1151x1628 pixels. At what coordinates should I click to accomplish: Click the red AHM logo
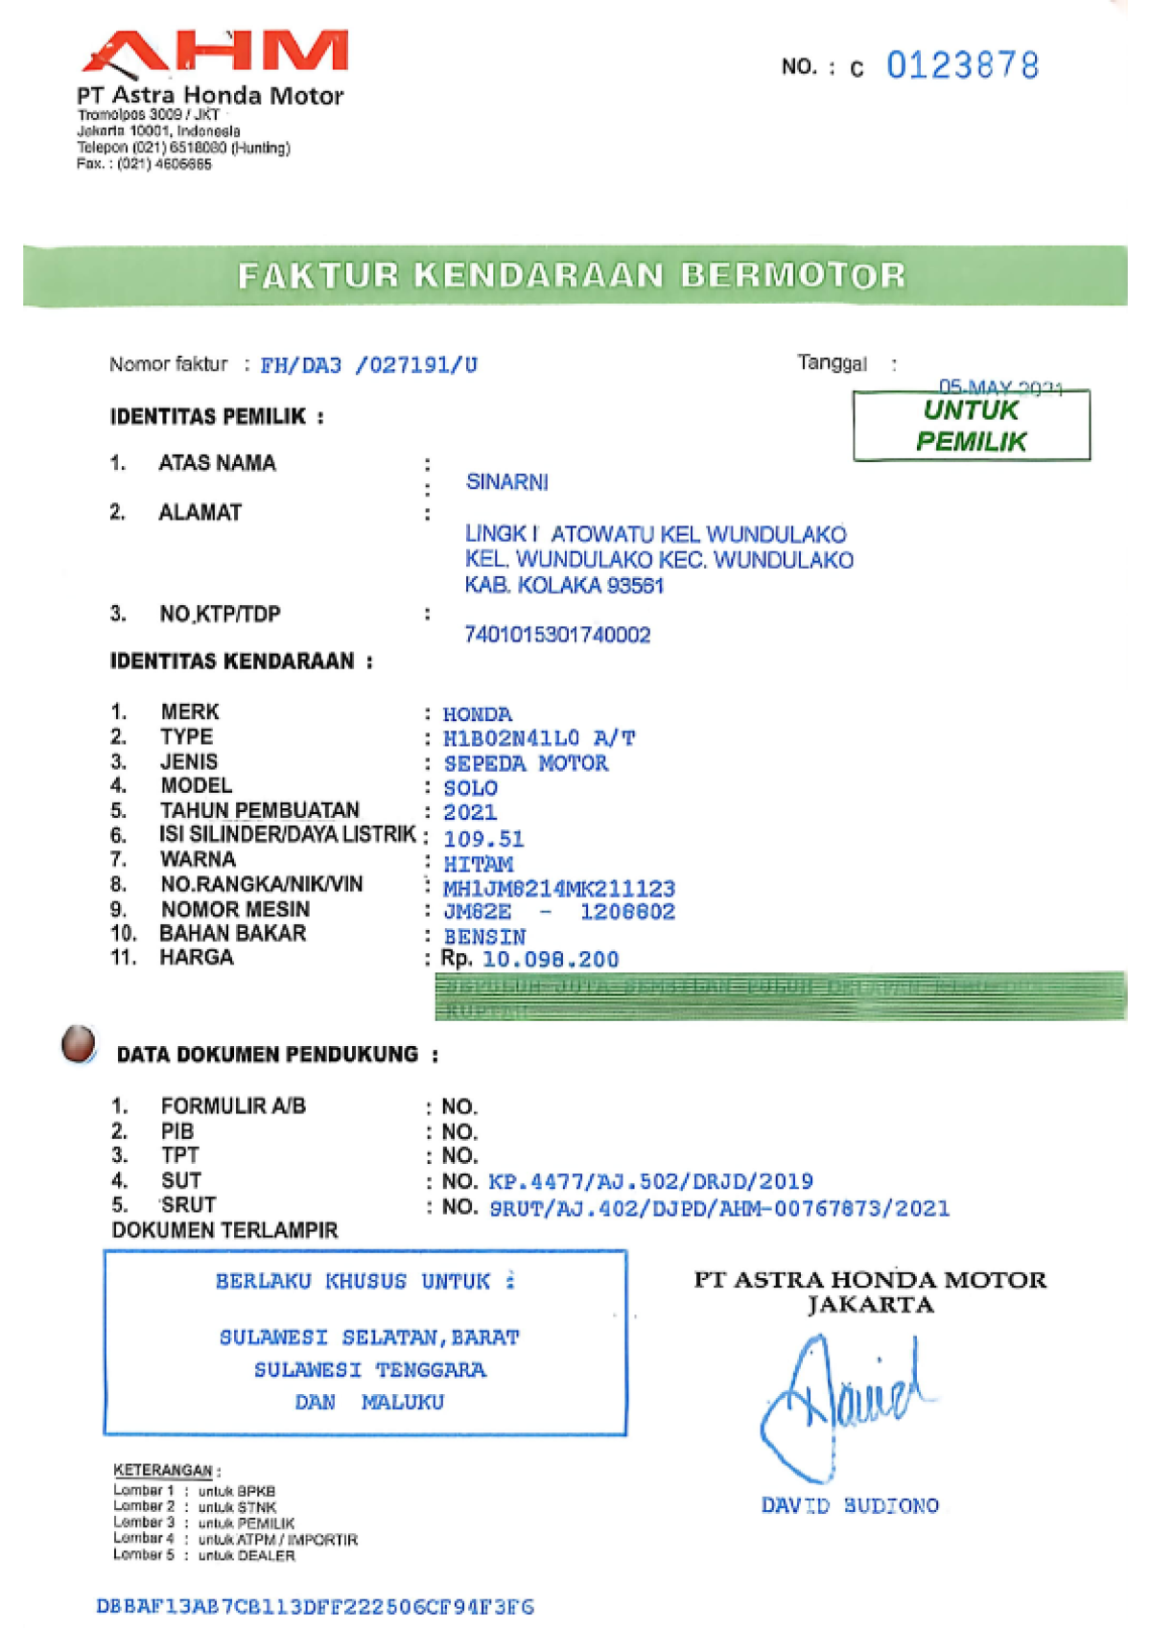(215, 52)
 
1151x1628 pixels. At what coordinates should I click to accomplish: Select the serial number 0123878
(962, 66)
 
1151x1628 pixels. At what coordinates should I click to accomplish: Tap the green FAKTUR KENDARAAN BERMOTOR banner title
(572, 276)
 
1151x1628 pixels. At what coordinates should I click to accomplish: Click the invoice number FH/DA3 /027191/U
(368, 365)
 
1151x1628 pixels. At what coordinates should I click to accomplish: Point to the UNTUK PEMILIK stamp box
(971, 426)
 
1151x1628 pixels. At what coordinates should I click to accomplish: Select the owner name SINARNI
(506, 482)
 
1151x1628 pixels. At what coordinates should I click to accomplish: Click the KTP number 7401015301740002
(557, 635)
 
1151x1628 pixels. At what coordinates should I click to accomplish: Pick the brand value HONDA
(477, 714)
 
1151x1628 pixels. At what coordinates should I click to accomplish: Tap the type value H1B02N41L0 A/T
(538, 738)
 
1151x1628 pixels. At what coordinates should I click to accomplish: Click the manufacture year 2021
(469, 812)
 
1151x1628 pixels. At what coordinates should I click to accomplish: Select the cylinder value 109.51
(483, 839)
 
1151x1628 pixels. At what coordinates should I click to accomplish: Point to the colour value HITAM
(478, 864)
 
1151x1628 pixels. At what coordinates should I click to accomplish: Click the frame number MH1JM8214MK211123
(558, 889)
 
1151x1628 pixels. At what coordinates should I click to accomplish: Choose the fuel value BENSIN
(483, 937)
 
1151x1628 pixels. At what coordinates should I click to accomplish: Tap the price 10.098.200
(550, 960)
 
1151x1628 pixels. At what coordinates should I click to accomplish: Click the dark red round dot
(79, 1044)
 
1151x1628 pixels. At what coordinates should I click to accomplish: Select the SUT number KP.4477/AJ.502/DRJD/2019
(650, 1181)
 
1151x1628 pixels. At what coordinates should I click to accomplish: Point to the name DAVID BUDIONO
(850, 1505)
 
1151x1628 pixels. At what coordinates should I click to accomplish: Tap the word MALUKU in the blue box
(403, 1402)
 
